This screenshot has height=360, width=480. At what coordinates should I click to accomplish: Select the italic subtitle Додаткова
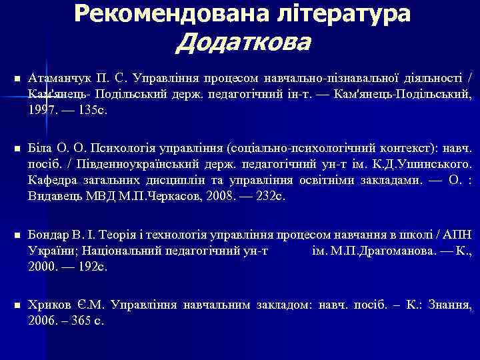point(244,43)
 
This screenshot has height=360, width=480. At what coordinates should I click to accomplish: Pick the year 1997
point(42,111)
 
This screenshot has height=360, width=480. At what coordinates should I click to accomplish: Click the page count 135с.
point(92,111)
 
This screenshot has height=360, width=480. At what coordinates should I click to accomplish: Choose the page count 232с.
point(270,196)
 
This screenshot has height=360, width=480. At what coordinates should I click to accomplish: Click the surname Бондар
point(47,237)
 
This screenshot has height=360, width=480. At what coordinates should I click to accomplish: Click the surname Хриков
point(47,305)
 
